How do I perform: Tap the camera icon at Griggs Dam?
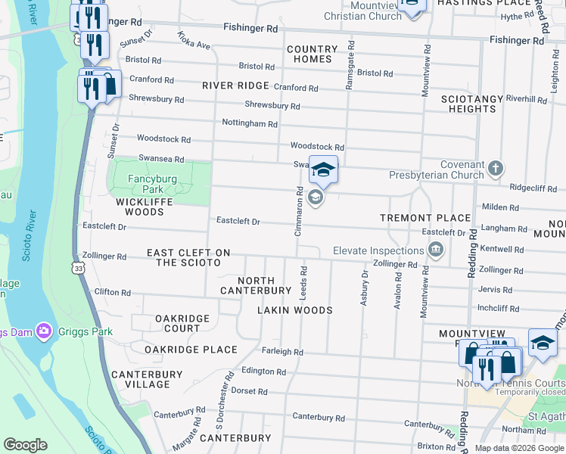[x=43, y=331]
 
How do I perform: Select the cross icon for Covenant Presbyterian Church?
[x=496, y=169]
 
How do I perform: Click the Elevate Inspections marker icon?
[x=436, y=250]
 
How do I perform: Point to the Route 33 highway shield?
[x=79, y=267]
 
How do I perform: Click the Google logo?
[x=25, y=445]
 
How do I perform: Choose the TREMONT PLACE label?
[x=425, y=218]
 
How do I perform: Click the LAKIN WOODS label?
[x=294, y=310]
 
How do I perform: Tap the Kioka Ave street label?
[x=194, y=40]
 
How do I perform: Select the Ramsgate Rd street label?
[x=350, y=65]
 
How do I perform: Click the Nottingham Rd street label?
[x=250, y=123]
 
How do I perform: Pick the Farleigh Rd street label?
[x=282, y=352]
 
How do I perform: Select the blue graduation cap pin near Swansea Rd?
[x=323, y=170]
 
